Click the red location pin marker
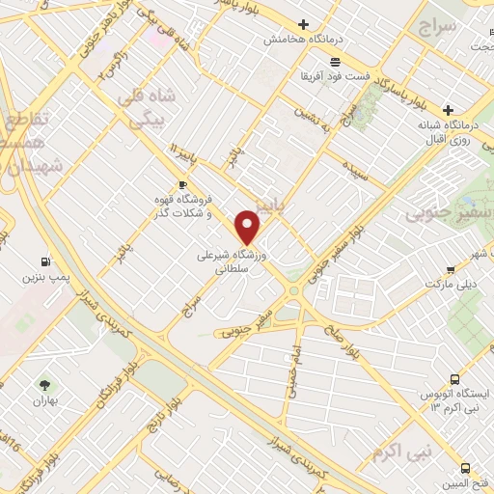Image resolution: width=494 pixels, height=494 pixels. click(248, 227)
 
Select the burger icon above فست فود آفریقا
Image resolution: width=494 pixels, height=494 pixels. click(334, 60)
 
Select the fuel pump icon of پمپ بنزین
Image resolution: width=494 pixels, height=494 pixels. click(45, 261)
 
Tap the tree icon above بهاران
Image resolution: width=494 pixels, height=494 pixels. click(41, 385)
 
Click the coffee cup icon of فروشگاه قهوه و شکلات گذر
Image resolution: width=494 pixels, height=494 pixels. click(182, 184)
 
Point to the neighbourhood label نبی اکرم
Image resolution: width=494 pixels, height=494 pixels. click(402, 424)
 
